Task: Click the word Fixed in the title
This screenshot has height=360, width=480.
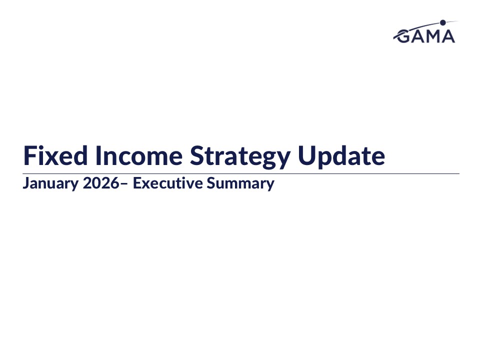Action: pos(55,155)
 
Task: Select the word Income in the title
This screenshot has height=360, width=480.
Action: pos(139,155)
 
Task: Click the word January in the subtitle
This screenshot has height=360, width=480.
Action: pos(50,183)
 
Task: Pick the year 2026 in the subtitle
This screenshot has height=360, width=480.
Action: pos(101,183)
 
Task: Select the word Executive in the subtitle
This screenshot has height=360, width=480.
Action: pos(168,183)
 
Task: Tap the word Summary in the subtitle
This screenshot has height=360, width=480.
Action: pos(240,183)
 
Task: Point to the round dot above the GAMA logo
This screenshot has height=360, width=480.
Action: pos(442,22)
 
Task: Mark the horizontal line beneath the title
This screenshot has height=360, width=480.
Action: pos(241,173)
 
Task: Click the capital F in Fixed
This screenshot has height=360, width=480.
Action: pos(29,155)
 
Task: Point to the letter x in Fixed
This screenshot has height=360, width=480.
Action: pos(52,158)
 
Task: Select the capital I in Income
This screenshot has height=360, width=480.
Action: pos(98,155)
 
